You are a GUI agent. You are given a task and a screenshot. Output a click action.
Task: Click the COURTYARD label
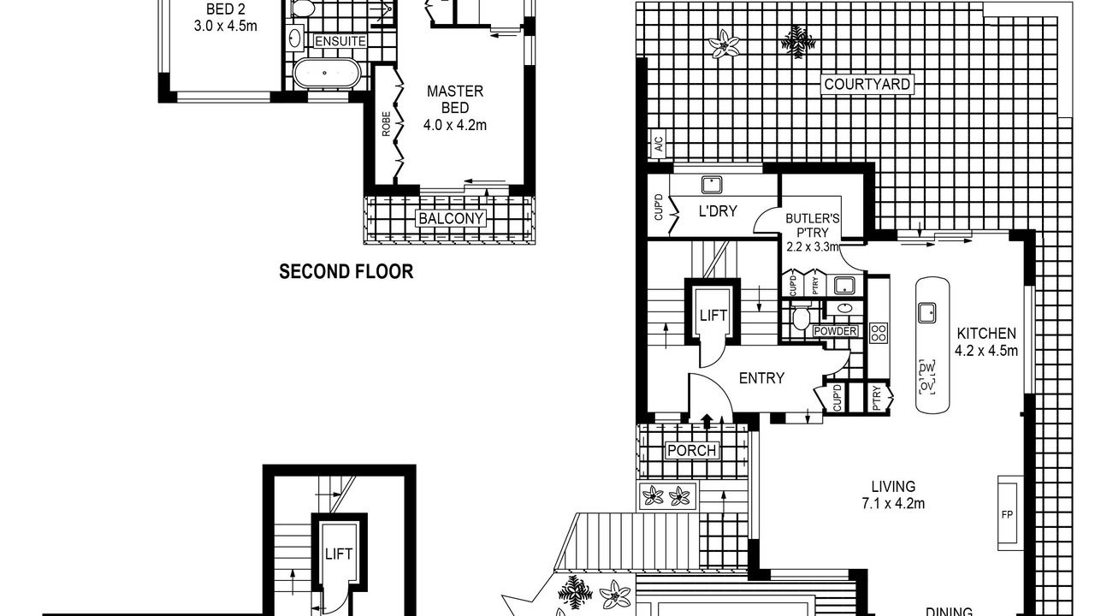click(867, 85)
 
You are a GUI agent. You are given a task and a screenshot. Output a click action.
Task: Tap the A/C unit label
click(659, 144)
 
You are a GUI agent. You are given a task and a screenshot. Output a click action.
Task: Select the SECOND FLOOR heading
click(346, 271)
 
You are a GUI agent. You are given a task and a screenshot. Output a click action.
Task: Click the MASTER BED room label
click(455, 99)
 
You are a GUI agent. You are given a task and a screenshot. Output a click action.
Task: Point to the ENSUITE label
click(340, 42)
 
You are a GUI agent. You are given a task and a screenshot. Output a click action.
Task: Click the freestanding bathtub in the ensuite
click(327, 74)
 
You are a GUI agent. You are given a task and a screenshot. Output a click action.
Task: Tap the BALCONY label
click(451, 218)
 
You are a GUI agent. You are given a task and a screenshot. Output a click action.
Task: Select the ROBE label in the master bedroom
click(386, 124)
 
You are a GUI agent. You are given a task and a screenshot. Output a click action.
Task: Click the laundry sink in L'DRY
click(712, 185)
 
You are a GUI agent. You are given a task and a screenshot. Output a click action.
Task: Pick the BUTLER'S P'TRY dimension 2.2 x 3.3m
click(813, 247)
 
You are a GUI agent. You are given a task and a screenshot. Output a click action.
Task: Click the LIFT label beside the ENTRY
click(713, 316)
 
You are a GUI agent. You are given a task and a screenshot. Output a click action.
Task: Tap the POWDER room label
click(835, 331)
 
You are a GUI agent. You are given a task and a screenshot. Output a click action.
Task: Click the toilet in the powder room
click(801, 316)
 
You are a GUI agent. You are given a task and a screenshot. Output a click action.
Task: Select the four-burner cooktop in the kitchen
click(879, 333)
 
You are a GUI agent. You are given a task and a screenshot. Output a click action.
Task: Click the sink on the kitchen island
click(926, 313)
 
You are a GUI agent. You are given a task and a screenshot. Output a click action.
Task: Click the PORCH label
click(691, 451)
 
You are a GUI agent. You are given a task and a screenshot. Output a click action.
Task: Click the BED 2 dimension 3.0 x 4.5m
click(225, 26)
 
